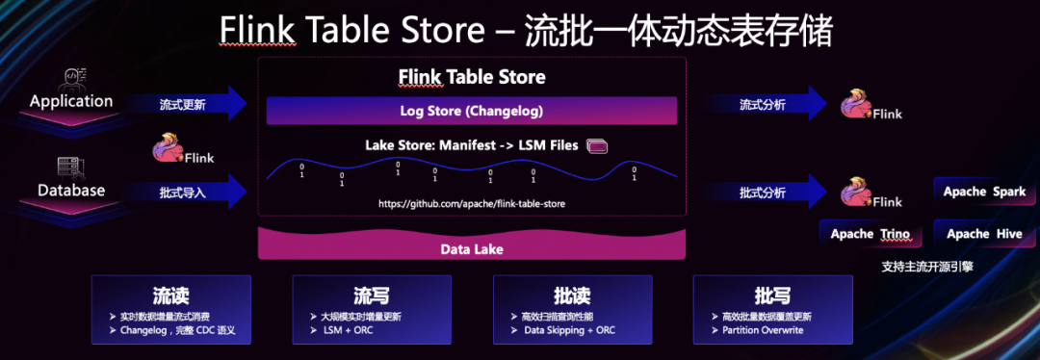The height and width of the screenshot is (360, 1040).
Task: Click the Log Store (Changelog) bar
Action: tap(472, 111)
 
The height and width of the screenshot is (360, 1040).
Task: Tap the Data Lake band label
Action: tap(472, 249)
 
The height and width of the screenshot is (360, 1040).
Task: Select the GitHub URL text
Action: tap(472, 204)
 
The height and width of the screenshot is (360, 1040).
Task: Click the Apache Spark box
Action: tap(978, 192)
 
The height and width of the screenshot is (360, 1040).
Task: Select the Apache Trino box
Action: tap(864, 234)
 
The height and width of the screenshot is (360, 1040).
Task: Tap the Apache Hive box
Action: tap(978, 234)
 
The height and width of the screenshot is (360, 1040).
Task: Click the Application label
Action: tap(71, 101)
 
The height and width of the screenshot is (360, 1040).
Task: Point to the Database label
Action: tap(71, 190)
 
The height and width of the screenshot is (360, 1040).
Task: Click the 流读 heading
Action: tap(171, 293)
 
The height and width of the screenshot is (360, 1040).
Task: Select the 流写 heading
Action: tap(372, 293)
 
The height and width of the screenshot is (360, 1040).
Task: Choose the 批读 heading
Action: tap(572, 293)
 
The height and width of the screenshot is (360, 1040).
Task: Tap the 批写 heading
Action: tap(772, 293)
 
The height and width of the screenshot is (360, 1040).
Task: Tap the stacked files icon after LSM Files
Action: tap(597, 146)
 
